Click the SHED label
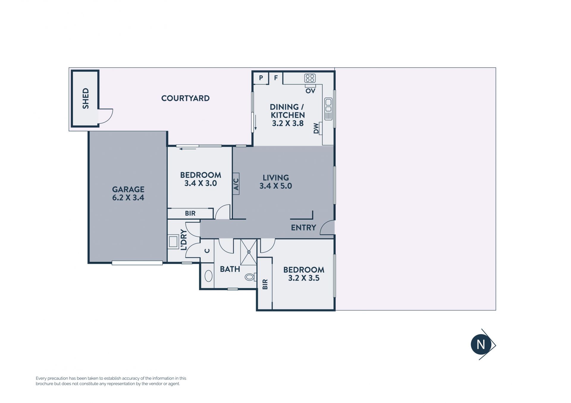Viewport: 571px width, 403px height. (x=86, y=98)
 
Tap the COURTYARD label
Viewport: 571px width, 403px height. (x=185, y=98)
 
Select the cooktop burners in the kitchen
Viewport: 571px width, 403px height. (x=310, y=78)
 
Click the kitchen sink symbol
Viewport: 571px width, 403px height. (x=328, y=109)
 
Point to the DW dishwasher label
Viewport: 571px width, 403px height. (x=316, y=128)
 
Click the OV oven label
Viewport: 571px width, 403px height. (x=310, y=91)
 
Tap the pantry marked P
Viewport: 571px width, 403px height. (x=261, y=78)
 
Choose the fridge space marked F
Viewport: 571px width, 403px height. (x=276, y=78)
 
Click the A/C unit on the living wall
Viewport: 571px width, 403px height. (x=236, y=184)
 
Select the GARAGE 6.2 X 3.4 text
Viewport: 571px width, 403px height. (x=128, y=193)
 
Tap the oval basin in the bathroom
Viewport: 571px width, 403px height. (x=208, y=276)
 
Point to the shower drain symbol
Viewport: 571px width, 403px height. (x=249, y=252)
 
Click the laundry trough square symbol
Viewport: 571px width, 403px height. (x=173, y=241)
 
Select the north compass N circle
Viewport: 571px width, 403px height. (x=481, y=344)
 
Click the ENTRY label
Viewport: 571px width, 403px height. (x=303, y=228)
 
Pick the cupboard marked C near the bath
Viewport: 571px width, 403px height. (x=207, y=251)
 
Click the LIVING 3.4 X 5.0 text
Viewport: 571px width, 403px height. (x=276, y=182)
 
